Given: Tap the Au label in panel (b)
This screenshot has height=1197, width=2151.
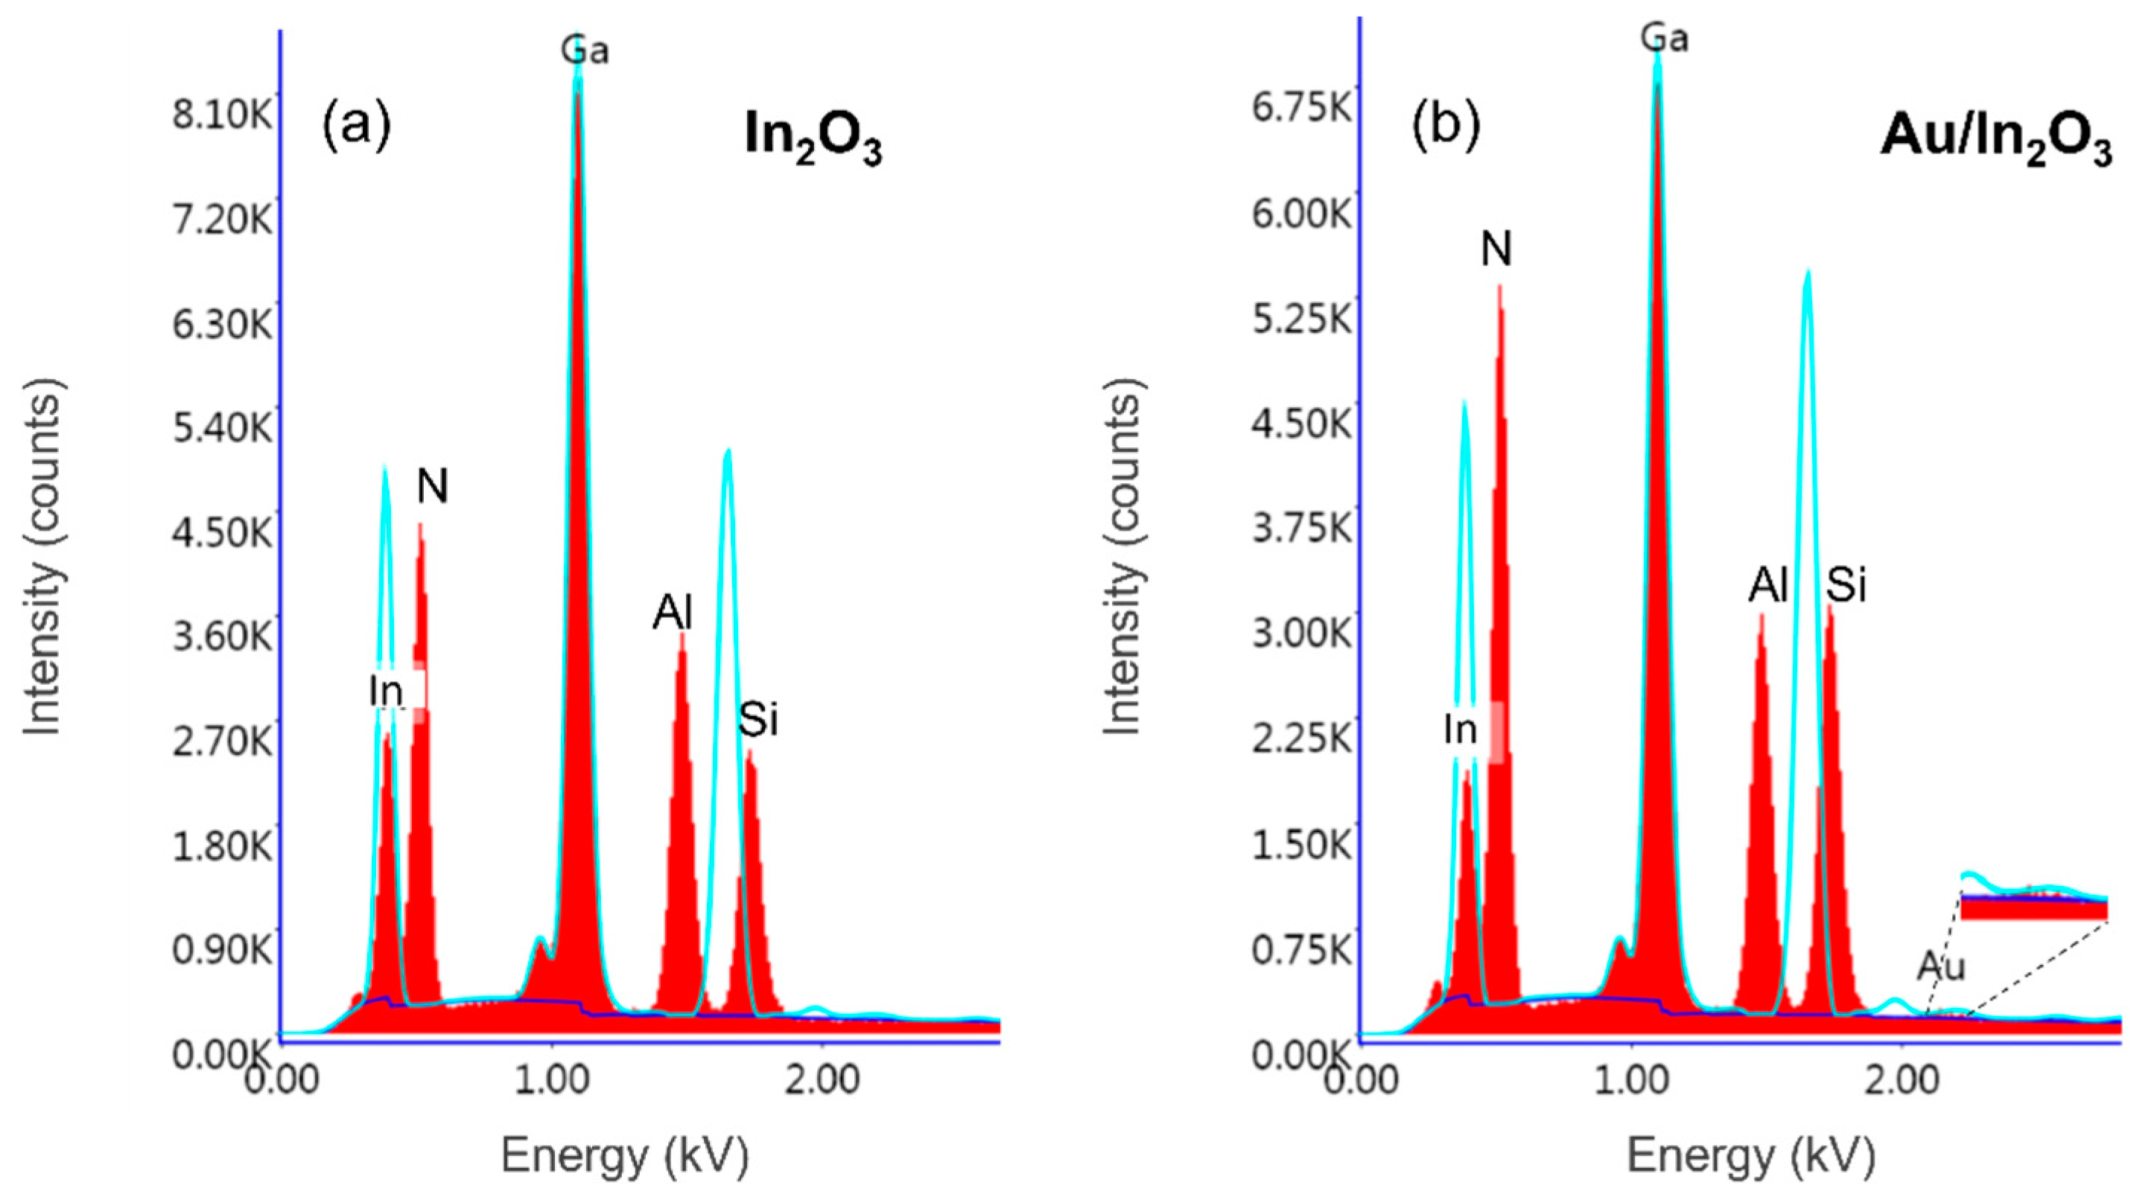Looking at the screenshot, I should point(1942,967).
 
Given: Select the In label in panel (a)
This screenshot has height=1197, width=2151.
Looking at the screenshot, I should point(387,691).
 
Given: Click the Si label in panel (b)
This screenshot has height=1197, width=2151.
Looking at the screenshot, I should point(1846,585).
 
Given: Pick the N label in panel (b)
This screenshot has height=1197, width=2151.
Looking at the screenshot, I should point(1496,249).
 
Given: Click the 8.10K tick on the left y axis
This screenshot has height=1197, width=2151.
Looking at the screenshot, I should point(222,115).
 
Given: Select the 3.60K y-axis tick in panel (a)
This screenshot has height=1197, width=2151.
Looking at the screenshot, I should point(222,636).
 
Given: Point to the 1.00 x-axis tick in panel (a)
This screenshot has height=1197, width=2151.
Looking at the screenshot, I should point(550,1080).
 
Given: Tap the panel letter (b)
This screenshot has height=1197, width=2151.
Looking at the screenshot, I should point(1446,125).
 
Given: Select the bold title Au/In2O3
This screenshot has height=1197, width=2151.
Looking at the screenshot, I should point(1995,138).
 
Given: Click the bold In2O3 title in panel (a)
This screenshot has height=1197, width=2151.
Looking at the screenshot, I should point(813,138).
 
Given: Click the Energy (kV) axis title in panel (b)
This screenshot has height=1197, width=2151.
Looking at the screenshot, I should point(1751,1156).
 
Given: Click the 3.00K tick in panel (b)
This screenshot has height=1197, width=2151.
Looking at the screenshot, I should point(1301,633).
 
